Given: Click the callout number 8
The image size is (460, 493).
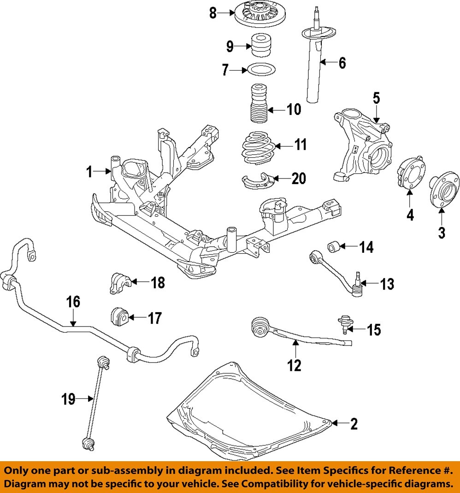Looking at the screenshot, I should pos(212,13).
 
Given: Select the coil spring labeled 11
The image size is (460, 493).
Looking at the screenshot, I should pos(259,148).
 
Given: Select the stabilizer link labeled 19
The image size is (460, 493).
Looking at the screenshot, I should pos(95,398).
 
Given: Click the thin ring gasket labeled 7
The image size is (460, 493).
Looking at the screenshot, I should pos(261,70).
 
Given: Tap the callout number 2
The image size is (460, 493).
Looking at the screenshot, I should pos(354,424).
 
